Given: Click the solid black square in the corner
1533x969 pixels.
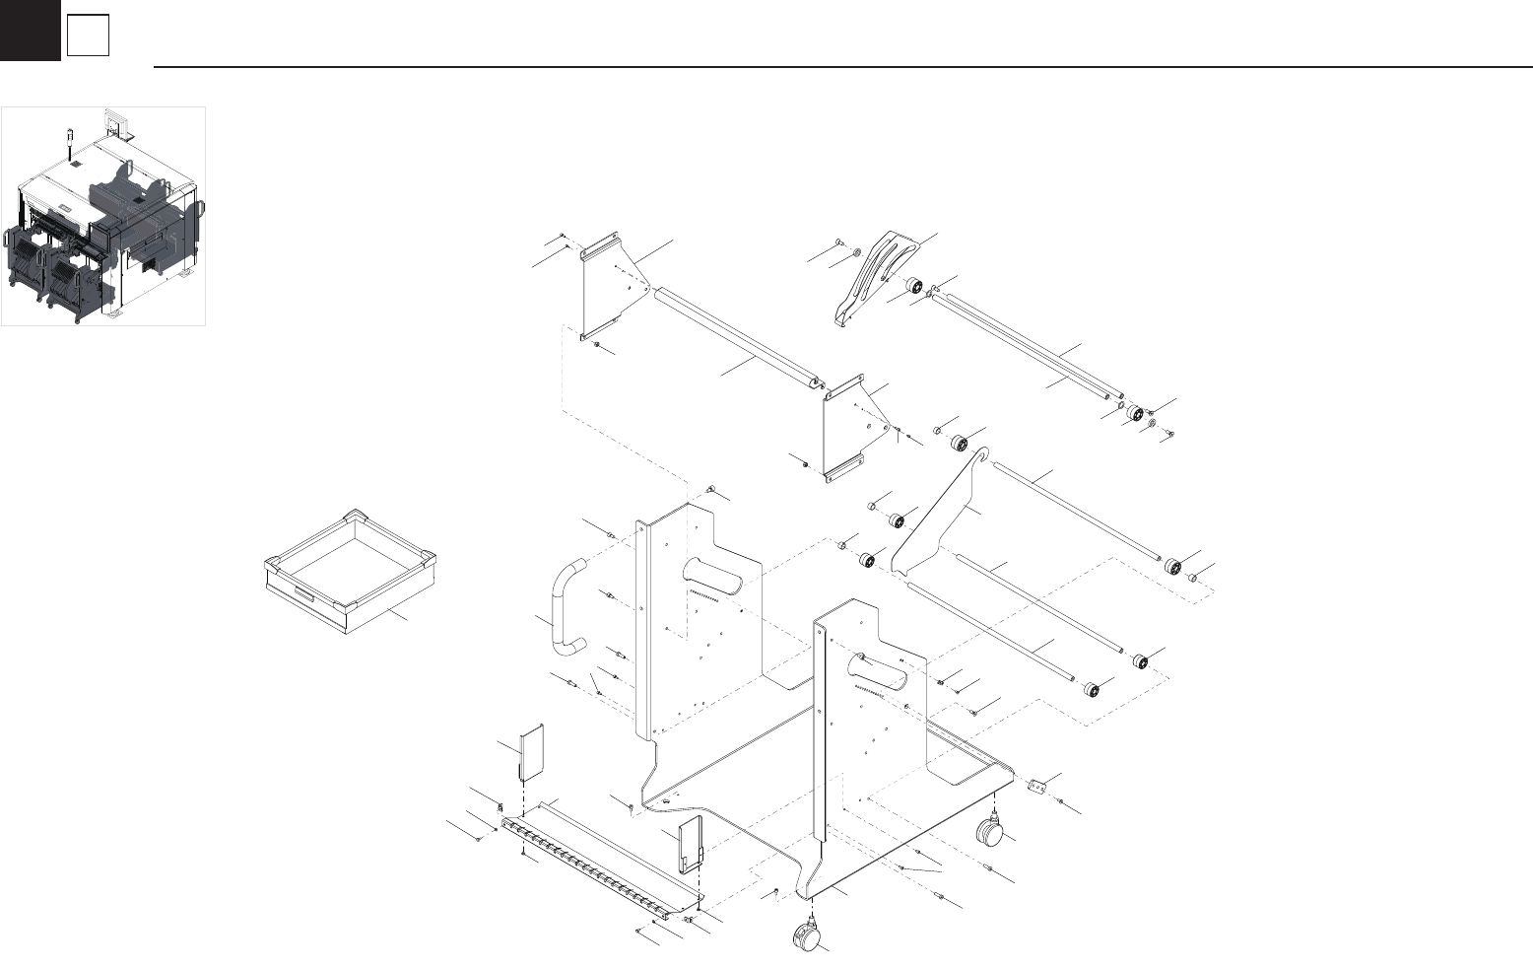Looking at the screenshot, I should [30, 30].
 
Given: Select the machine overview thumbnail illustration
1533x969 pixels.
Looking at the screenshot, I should [103, 216].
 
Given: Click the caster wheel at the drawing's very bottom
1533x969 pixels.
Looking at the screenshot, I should [808, 935].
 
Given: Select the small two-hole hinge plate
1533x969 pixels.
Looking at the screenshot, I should [1034, 787].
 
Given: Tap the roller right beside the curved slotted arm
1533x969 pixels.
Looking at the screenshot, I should [913, 287].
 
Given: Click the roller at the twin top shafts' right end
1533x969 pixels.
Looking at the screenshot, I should [1134, 412].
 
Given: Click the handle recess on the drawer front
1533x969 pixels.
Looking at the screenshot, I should [301, 592].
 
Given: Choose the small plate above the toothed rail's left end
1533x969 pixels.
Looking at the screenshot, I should [532, 754].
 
